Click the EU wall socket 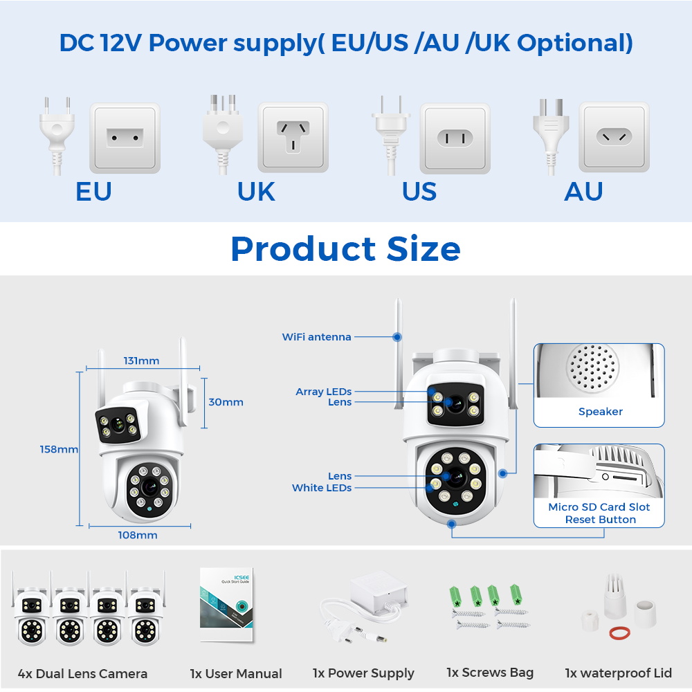125,138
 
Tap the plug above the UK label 223,135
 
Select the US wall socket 455,138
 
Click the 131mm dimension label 141,361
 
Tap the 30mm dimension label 226,402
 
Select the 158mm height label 59,449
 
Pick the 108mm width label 138,535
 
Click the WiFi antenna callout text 317,337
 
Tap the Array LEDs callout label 323,392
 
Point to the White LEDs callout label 322,488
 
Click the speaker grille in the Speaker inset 592,367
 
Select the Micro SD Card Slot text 599,507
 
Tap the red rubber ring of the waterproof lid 619,633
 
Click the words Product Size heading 346,248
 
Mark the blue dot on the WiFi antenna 397,337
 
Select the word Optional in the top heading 574,43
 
